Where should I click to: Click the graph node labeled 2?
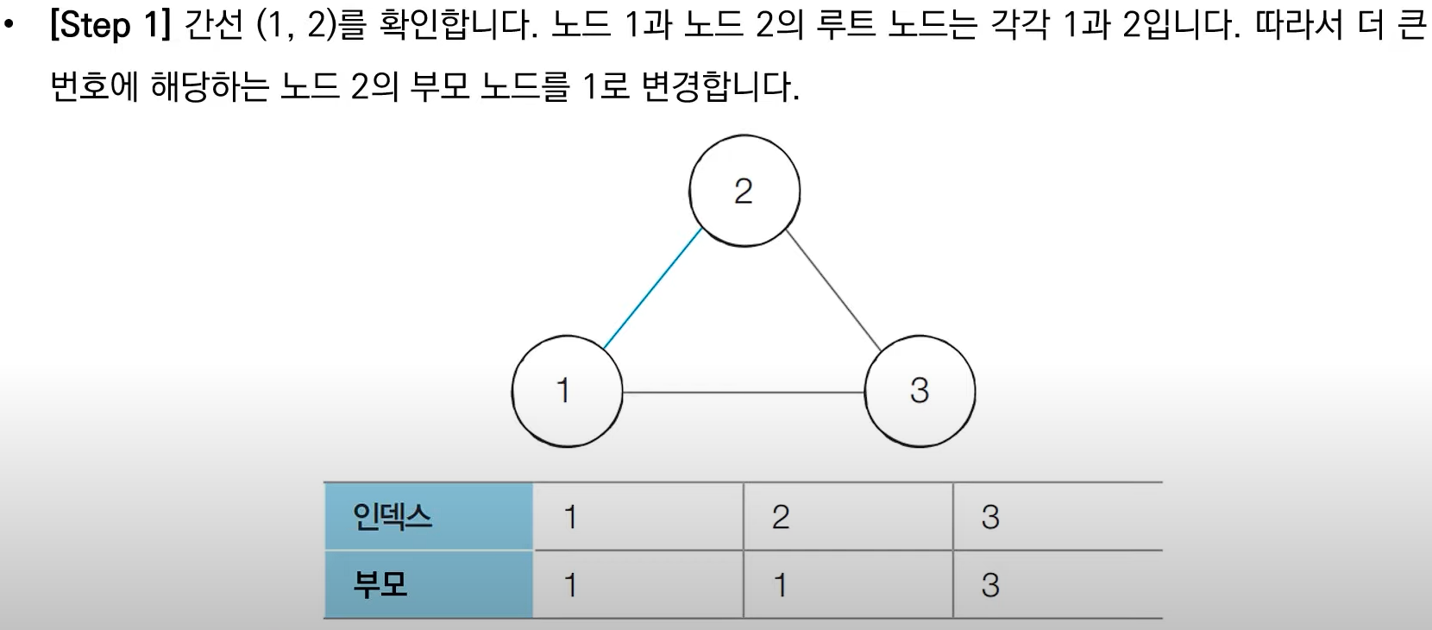coord(744,191)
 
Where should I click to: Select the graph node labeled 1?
coord(567,391)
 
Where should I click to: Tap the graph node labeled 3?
coord(920,391)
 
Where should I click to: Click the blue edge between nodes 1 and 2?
coord(652,289)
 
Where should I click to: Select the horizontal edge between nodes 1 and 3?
coord(743,393)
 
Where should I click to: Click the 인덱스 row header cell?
coord(429,516)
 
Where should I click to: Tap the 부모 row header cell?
coord(429,585)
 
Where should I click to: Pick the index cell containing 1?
coord(637,516)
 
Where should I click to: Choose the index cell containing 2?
coord(848,516)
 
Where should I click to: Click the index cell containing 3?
coord(1058,516)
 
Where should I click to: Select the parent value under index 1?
coord(637,585)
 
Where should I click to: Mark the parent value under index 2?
coord(848,585)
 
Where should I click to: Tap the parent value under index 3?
coord(1058,585)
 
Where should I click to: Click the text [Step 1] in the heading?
coord(110,26)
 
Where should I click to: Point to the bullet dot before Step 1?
coord(9,26)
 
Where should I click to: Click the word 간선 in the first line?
coord(214,26)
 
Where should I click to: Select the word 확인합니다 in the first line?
coord(457,26)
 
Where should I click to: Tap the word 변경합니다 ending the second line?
coord(719,87)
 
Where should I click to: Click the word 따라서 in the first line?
coord(1298,26)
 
